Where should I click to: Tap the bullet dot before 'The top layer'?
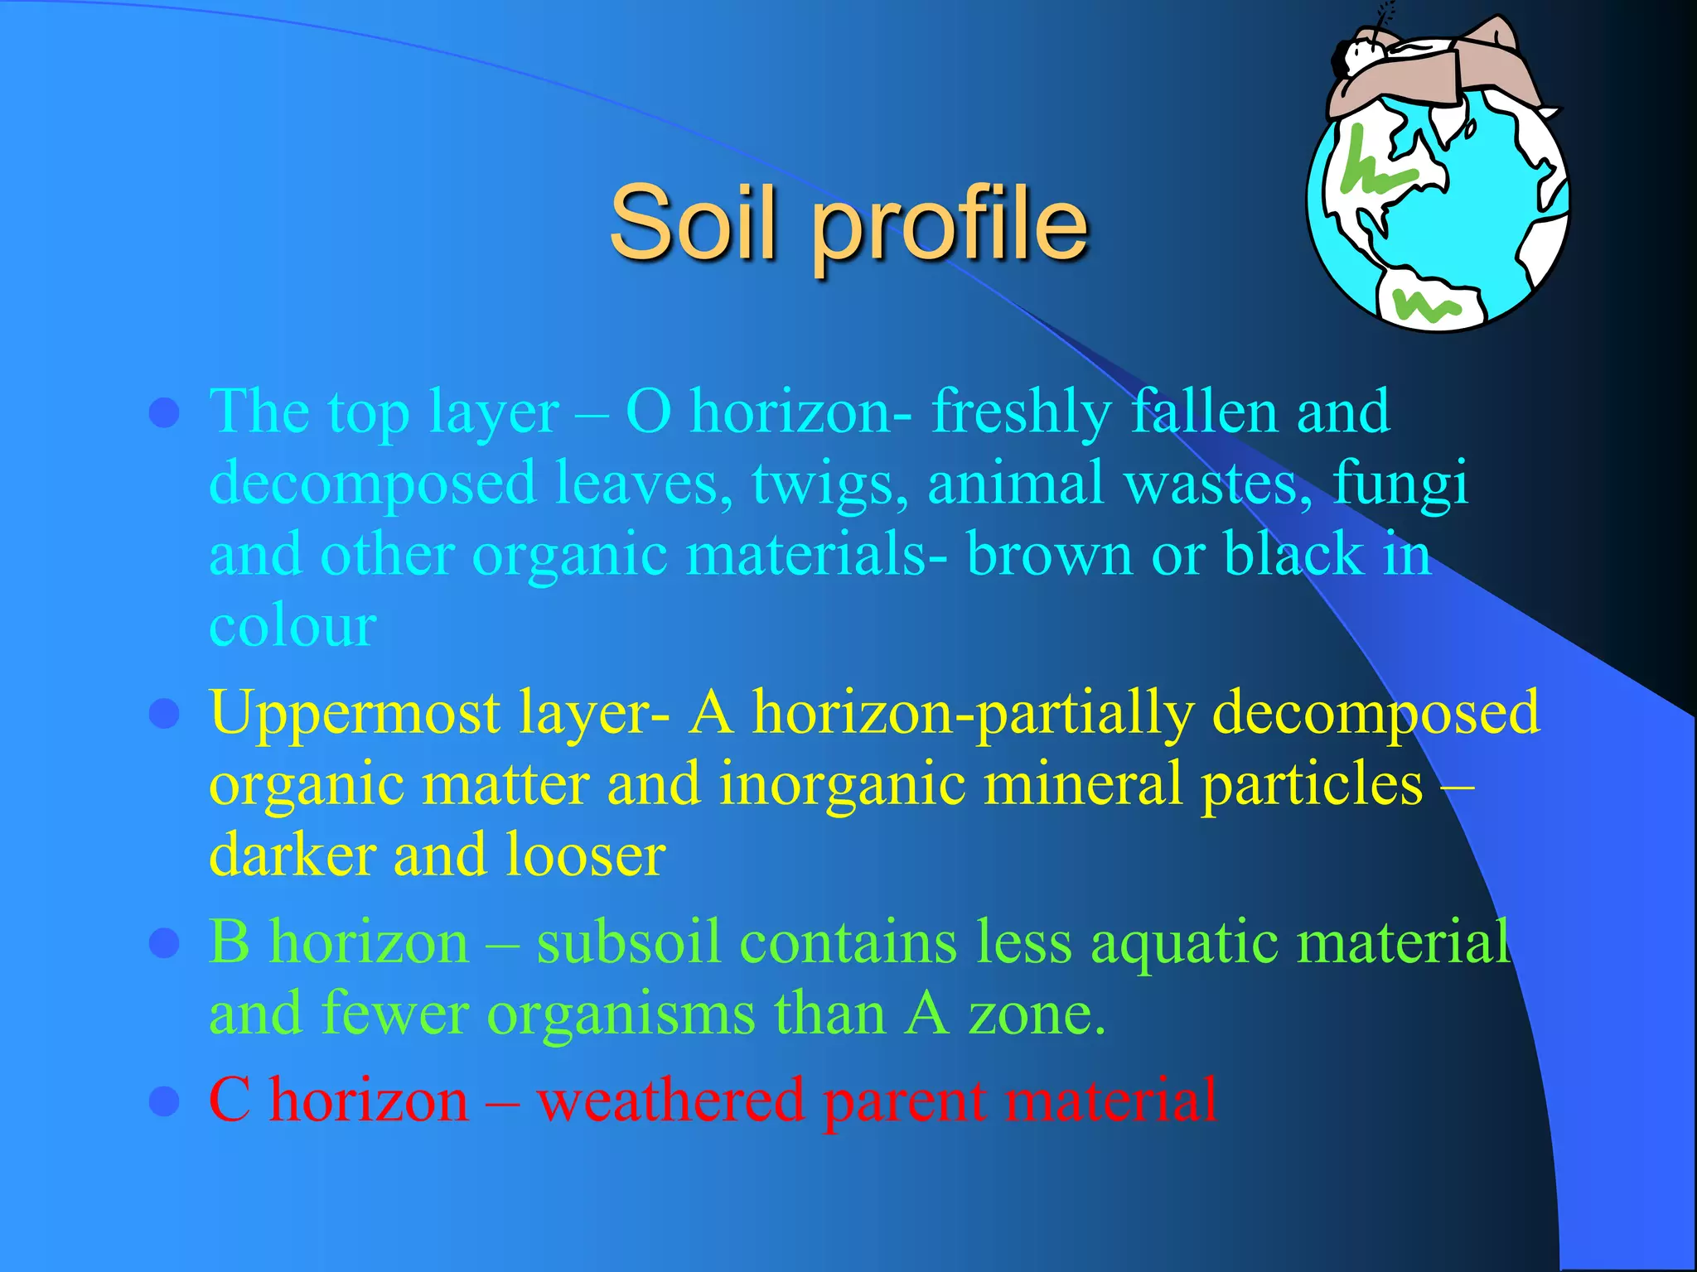pyautogui.click(x=165, y=412)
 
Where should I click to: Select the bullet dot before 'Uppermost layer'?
pyautogui.click(x=165, y=713)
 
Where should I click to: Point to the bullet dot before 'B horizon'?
pyautogui.click(x=165, y=943)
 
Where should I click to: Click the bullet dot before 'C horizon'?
pyautogui.click(x=165, y=1101)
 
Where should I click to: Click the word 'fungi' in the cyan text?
pyautogui.click(x=1400, y=484)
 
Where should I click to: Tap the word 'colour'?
pyautogui.click(x=293, y=625)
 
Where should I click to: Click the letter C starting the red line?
pyautogui.click(x=230, y=1101)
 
